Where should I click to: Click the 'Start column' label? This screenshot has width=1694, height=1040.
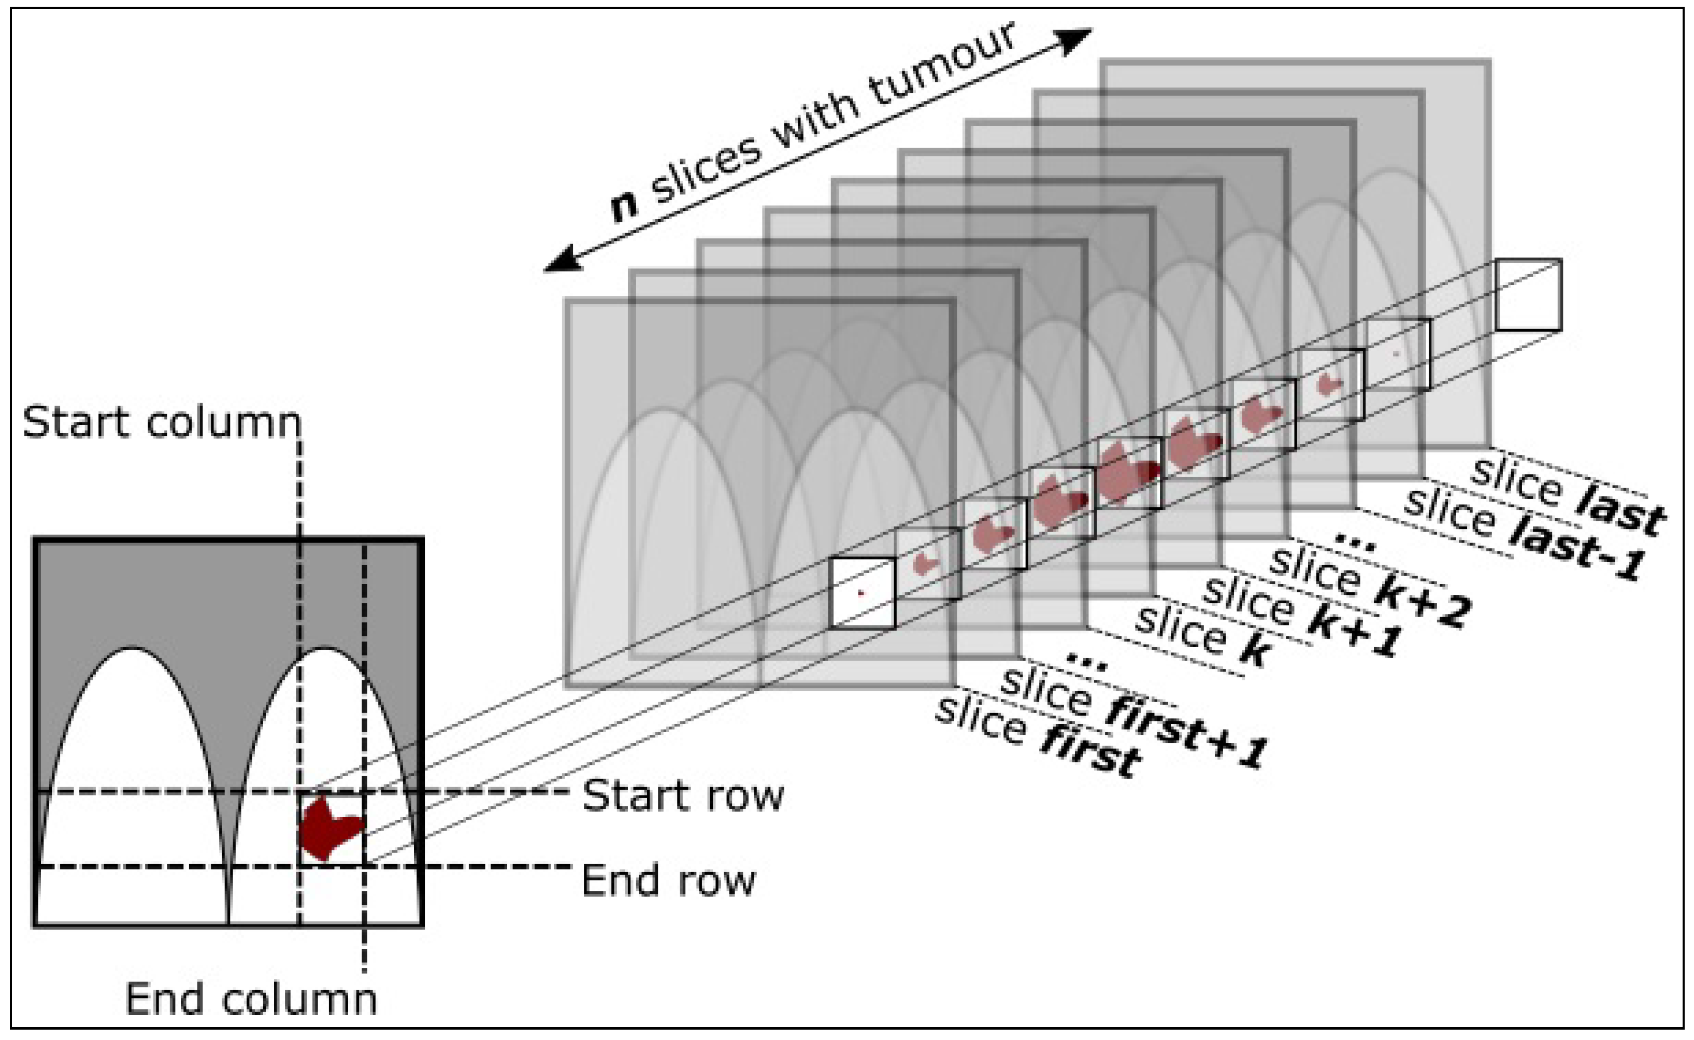point(162,422)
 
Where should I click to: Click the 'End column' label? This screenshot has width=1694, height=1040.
point(251,999)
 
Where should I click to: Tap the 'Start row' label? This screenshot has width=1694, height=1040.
point(683,796)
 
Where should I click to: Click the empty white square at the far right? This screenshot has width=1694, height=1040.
point(1528,294)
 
